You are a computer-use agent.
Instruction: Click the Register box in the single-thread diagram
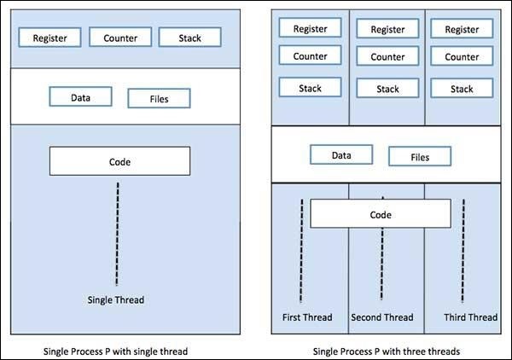[x=55, y=38]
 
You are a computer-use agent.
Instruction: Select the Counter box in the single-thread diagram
[x=120, y=38]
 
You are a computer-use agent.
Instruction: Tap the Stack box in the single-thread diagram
[x=189, y=38]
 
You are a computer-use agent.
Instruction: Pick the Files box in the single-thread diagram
[x=159, y=98]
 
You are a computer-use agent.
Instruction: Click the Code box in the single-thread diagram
[x=119, y=161]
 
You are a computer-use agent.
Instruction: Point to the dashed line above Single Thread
[x=117, y=230]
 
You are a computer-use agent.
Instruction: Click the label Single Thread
[x=118, y=299]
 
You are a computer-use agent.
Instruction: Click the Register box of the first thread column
[x=310, y=28]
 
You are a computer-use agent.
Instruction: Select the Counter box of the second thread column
[x=387, y=58]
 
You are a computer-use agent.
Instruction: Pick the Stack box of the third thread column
[x=462, y=88]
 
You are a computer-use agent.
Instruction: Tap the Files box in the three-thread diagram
[x=420, y=156]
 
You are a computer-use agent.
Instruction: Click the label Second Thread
[x=382, y=317]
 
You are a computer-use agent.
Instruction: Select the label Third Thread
[x=470, y=317]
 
